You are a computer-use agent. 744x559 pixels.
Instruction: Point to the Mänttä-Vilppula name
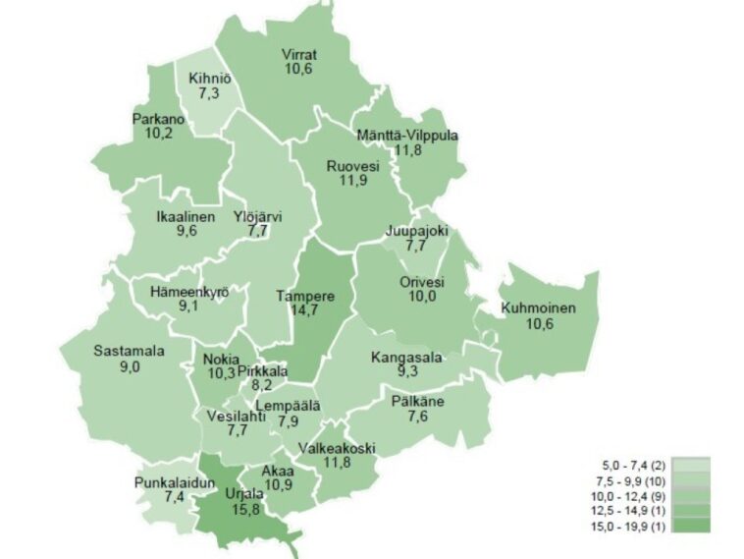[405, 135]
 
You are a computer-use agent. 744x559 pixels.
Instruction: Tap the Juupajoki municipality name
[417, 232]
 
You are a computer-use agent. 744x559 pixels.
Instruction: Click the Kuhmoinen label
[537, 308]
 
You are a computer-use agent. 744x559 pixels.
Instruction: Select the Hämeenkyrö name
[189, 292]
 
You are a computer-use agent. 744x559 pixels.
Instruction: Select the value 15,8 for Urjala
[219, 509]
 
